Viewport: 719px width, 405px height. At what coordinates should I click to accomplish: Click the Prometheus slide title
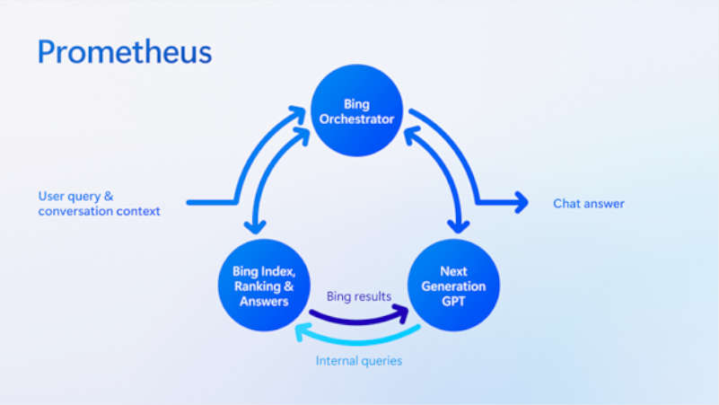pos(125,51)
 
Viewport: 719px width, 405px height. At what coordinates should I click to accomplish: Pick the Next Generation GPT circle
pos(453,285)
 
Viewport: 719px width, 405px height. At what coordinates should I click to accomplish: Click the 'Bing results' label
pos(358,295)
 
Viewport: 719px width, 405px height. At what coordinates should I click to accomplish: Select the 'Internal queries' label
pos(358,361)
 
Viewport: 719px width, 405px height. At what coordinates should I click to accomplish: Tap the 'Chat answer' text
pos(588,204)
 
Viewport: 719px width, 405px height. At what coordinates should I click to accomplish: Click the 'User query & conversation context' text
pos(99,204)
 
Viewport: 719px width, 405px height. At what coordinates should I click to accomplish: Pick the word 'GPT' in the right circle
pos(454,301)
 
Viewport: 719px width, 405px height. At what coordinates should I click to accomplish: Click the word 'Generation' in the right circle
pos(454,286)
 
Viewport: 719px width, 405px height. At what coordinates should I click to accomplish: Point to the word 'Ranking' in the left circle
pos(254,286)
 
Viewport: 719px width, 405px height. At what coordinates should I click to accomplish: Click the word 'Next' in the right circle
pos(454,270)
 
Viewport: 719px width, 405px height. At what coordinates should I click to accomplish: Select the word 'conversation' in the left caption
pos(75,211)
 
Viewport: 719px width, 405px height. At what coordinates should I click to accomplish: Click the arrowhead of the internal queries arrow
pos(303,332)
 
